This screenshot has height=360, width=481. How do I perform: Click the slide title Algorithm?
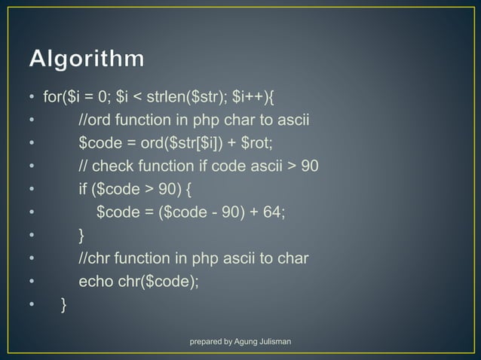[88, 59]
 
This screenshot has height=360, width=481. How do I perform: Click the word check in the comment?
[114, 166]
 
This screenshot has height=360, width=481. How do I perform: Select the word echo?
[95, 282]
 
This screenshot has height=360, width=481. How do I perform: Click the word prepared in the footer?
[209, 343]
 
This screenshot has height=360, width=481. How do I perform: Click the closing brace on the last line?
[64, 304]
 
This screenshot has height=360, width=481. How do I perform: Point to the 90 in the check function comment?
[310, 166]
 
